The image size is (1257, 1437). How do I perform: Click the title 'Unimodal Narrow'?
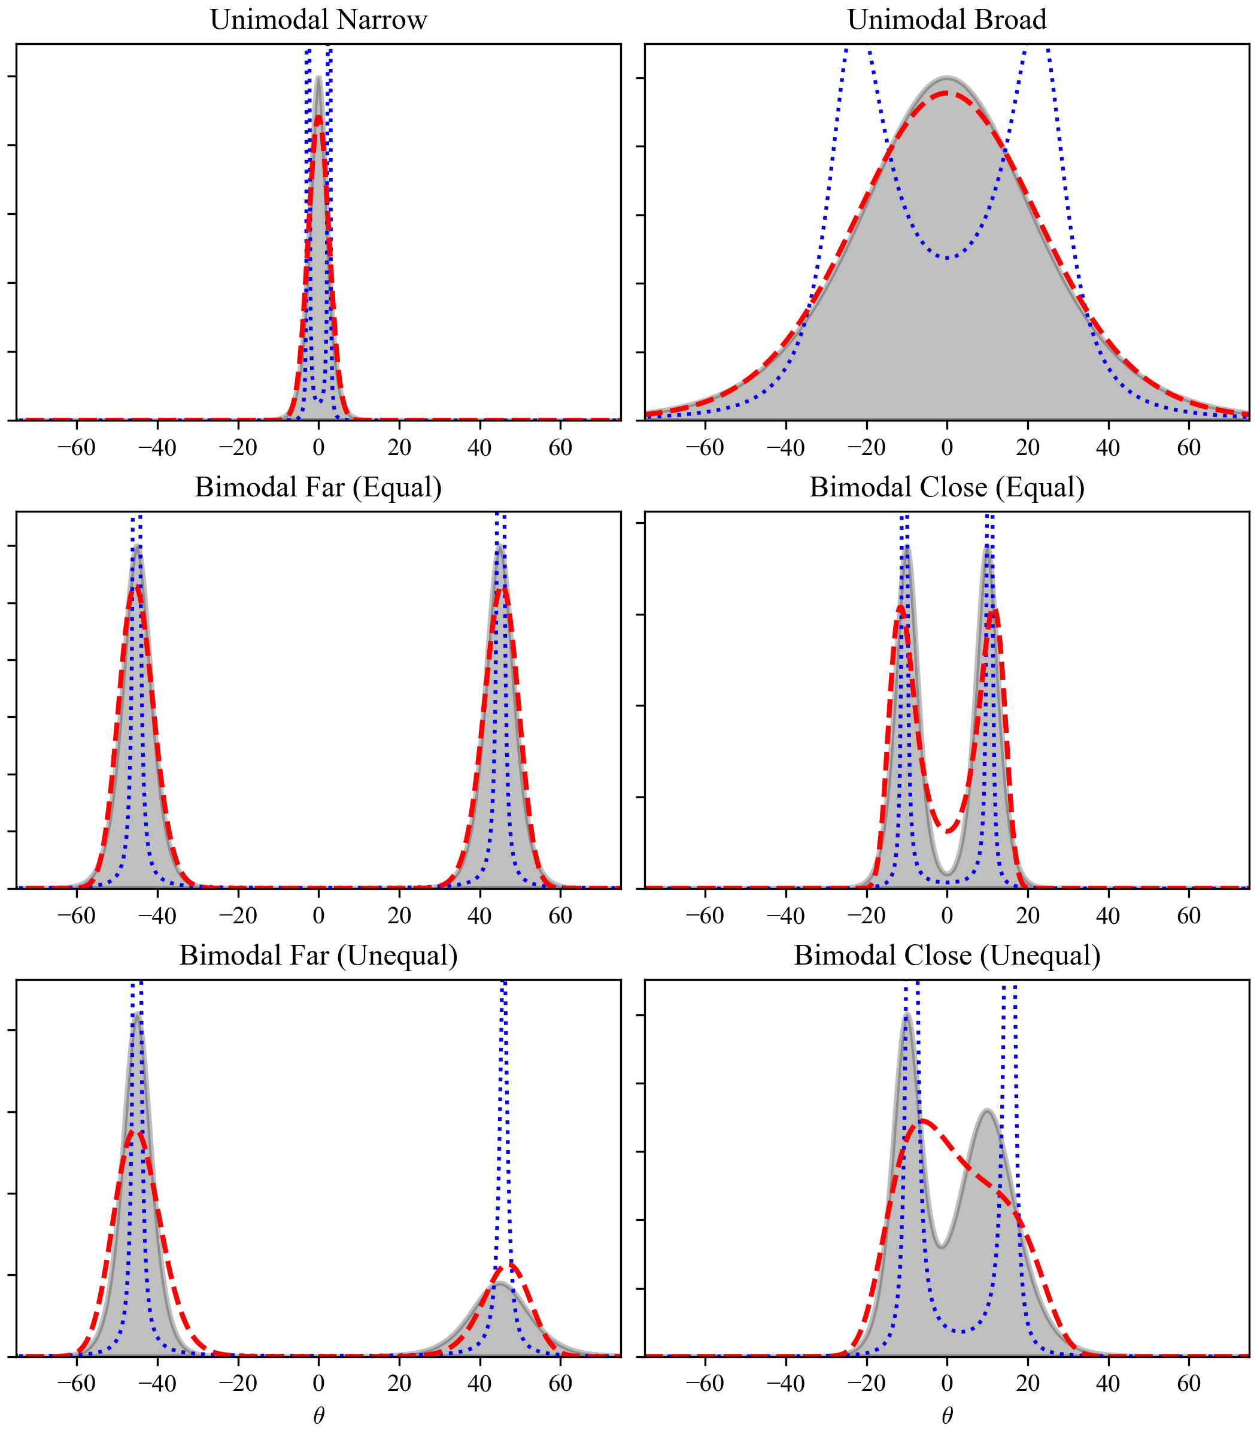point(318,20)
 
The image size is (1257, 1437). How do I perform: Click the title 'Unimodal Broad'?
point(947,20)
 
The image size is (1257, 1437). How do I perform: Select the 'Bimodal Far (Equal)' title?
point(318,487)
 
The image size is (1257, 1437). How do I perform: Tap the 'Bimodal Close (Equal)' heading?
point(947,487)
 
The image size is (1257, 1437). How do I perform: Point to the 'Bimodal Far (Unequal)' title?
point(318,955)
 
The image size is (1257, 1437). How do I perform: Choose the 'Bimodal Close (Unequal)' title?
point(947,955)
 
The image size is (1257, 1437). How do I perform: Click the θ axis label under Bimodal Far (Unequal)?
point(318,1415)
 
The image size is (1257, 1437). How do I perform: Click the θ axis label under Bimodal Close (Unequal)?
point(947,1415)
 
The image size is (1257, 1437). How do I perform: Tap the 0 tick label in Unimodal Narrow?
point(318,448)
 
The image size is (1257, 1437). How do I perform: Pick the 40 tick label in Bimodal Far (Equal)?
point(480,915)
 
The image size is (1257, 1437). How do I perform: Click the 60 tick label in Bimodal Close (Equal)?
point(1189,915)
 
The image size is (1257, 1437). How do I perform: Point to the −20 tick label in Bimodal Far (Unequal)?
point(237,1383)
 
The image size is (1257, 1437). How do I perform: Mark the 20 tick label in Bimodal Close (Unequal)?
point(1028,1383)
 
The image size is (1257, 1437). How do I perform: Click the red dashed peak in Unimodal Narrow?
point(318,118)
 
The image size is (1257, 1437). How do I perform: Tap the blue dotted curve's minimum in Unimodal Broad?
point(947,257)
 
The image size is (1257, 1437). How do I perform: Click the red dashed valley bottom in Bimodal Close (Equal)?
point(947,831)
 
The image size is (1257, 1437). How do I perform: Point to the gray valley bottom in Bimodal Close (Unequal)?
point(942,1246)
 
